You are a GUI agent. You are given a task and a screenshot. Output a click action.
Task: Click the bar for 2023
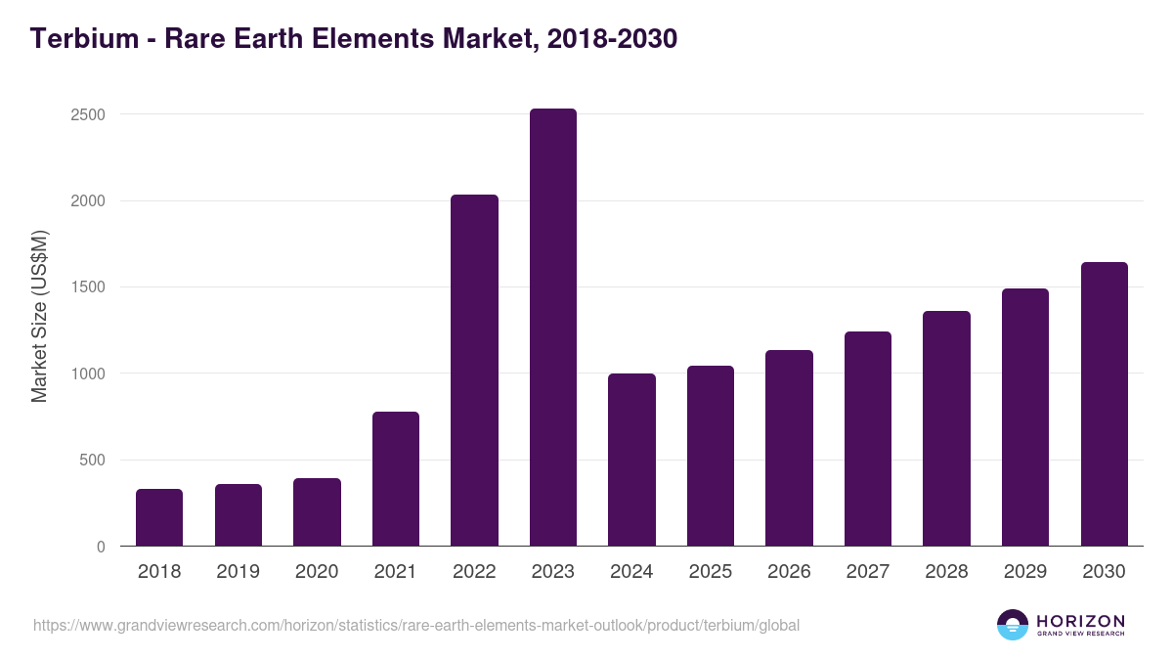pos(553,328)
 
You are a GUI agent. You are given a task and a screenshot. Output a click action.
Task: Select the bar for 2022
pos(474,371)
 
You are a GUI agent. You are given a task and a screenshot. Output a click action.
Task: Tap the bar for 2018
pos(159,517)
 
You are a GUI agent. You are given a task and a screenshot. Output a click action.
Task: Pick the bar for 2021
pos(396,479)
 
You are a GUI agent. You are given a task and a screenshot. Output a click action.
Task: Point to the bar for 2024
pos(631,460)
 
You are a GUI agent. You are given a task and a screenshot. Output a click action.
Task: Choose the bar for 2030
pos(1104,404)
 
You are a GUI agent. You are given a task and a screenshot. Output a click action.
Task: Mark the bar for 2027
pos(868,439)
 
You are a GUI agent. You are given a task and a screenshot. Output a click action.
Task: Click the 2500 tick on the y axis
pos(88,114)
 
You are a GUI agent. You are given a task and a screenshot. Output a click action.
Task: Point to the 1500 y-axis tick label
pos(88,287)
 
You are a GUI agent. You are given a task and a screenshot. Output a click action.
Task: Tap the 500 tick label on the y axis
pos(93,461)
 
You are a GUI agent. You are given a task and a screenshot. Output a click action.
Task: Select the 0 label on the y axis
pos(101,547)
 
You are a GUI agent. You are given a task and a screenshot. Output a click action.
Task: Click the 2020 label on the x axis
pos(317,572)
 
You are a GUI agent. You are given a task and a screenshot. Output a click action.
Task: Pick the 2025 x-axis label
pos(711,572)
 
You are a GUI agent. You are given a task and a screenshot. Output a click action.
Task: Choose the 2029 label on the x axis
pos(1025,572)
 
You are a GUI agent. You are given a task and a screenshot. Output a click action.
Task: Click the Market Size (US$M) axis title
pos(39,317)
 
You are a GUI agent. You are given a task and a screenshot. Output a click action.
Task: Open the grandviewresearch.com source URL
pos(416,625)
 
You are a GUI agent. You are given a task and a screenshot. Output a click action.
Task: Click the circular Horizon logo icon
pos(1013,625)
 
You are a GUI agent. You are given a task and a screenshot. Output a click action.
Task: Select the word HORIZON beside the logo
pos(1080,621)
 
